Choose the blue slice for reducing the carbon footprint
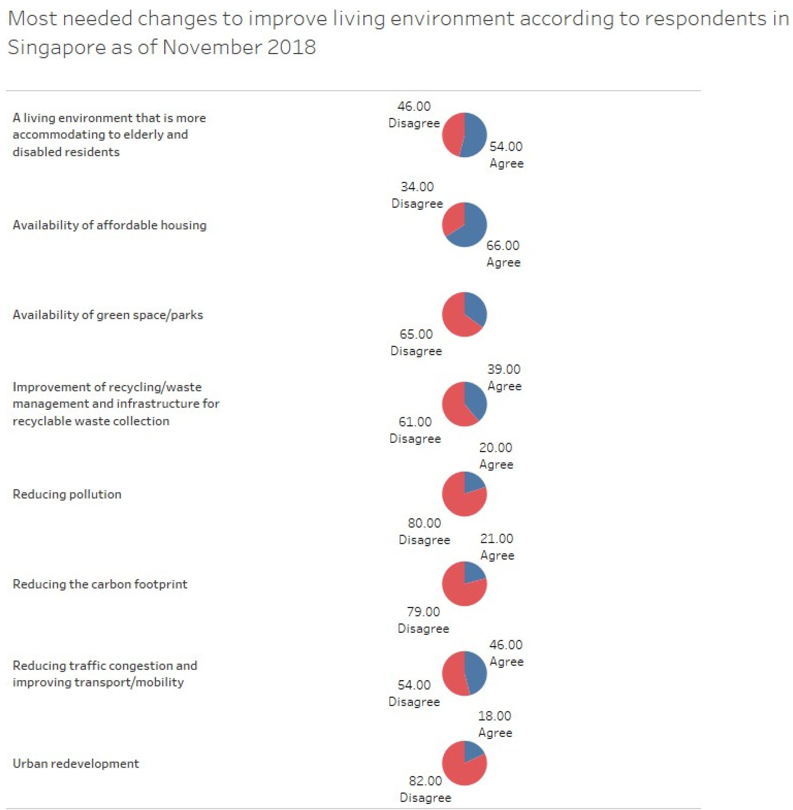click(473, 572)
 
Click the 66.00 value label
click(503, 246)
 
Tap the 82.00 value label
click(425, 781)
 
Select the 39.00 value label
click(504, 369)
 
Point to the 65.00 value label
click(416, 334)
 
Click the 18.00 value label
click(494, 716)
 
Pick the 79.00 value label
click(423, 612)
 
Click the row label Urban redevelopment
click(76, 763)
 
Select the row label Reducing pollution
click(67, 494)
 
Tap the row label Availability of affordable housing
click(109, 225)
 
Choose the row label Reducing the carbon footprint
click(100, 584)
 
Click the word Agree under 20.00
click(496, 464)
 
